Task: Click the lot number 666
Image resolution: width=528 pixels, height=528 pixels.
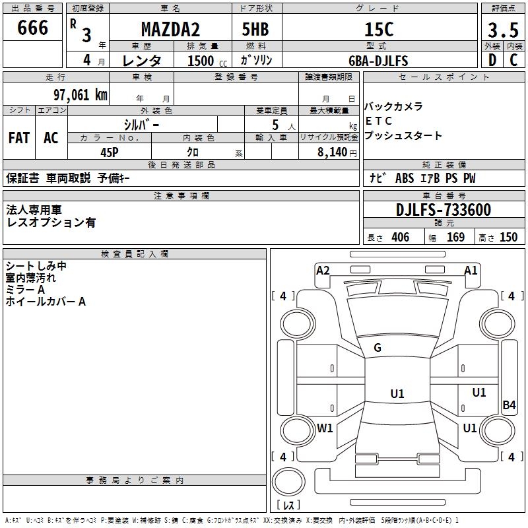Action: (32, 28)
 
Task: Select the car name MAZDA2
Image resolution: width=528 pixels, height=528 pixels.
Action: (170, 29)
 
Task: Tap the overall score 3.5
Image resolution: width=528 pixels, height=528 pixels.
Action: (503, 30)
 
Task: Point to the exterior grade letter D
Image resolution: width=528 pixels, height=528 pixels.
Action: (492, 60)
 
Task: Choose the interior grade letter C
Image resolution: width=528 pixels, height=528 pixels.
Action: (513, 60)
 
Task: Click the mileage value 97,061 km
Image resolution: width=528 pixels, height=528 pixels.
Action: (81, 95)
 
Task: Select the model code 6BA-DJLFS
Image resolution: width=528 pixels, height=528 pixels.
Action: (378, 61)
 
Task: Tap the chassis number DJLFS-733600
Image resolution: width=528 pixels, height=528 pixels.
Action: (444, 210)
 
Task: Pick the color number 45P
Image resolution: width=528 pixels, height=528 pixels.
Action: (110, 152)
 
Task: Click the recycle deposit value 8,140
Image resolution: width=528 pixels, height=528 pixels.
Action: (333, 152)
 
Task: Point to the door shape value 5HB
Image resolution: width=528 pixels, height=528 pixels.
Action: (255, 29)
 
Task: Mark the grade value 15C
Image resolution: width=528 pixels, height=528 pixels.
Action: (379, 29)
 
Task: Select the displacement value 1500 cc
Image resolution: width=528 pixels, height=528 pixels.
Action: (207, 61)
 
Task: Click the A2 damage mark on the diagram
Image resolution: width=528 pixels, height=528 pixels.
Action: (323, 271)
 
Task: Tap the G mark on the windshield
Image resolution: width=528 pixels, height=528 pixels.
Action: (378, 348)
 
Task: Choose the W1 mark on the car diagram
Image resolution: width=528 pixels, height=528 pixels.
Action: (325, 428)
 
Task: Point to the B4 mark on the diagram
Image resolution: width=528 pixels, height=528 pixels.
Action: (509, 405)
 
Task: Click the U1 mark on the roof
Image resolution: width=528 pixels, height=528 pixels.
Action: (397, 393)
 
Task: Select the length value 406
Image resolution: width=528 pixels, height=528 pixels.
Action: (401, 237)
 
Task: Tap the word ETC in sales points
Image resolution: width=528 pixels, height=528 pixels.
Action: (378, 121)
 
